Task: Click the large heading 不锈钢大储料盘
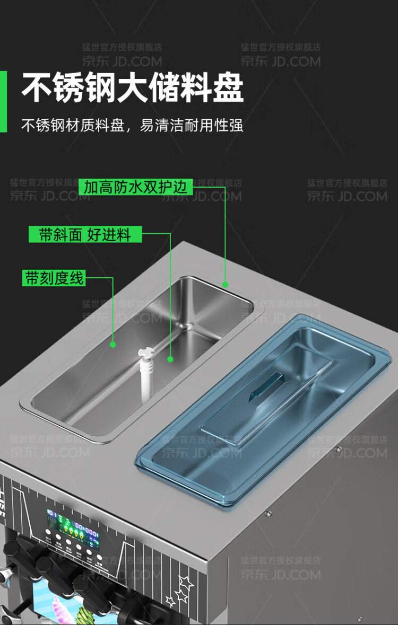[x=133, y=87]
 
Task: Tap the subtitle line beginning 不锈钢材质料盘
[x=132, y=126]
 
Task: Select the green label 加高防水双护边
[x=135, y=187]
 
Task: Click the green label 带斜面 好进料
[x=85, y=234]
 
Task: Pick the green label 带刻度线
[x=54, y=278]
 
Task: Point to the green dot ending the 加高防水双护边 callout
[x=225, y=285]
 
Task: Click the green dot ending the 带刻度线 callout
[x=113, y=345]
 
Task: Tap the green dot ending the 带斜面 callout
[x=170, y=359]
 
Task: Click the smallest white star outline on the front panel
[x=170, y=601]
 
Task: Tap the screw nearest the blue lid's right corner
[x=338, y=449]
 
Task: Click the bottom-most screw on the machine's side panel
[x=360, y=618]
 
